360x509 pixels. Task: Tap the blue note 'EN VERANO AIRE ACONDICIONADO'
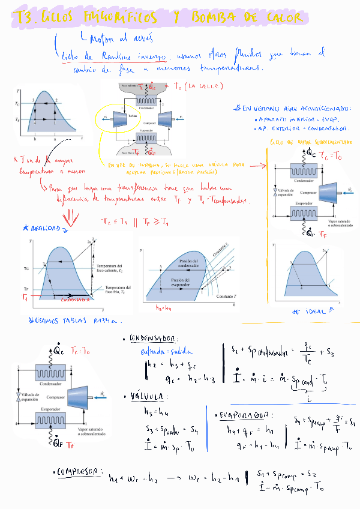click(292, 109)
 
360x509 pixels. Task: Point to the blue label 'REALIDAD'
click(42, 229)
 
